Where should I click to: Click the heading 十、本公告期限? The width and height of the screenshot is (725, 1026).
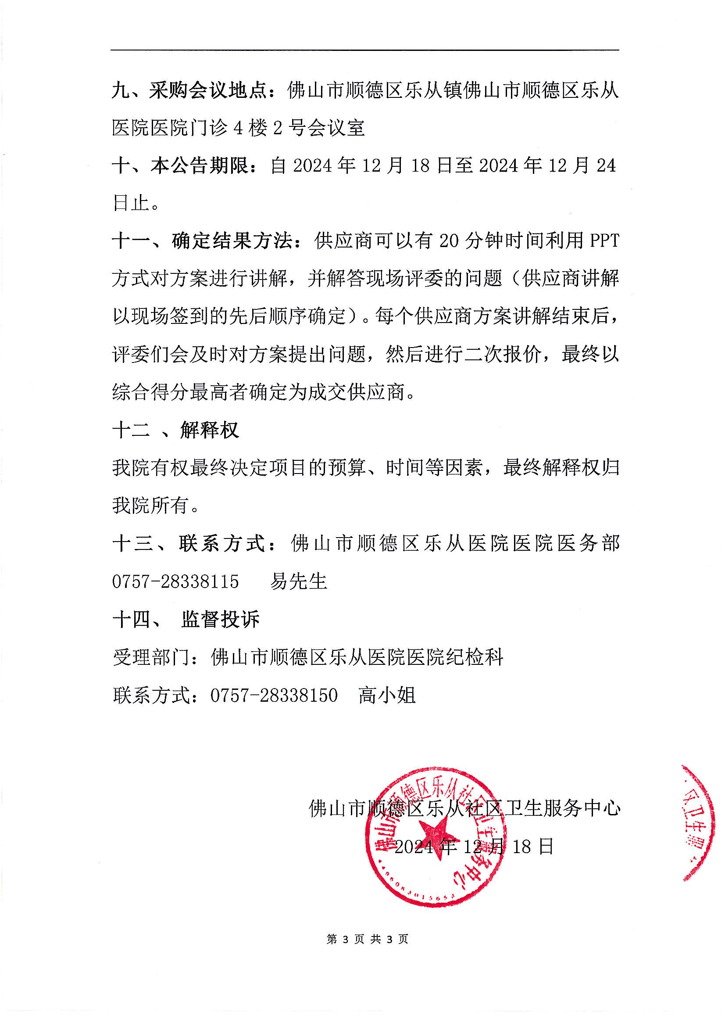coord(181,166)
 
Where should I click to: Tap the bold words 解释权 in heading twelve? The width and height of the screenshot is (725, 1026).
coord(210,430)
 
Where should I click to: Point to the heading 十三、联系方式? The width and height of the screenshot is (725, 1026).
coord(189,544)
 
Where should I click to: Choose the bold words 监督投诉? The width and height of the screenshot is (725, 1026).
coord(220,620)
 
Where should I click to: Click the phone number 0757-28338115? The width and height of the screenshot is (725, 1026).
coord(175,582)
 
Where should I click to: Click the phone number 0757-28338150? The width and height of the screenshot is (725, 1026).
coord(274,695)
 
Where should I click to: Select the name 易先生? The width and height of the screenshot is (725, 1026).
coord(298,582)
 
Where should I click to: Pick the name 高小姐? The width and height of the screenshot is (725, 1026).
coord(387,695)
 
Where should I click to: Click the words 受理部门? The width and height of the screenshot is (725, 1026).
coord(151,657)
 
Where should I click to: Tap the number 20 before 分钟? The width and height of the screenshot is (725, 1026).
coord(449,241)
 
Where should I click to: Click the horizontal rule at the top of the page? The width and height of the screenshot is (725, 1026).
coord(364,50)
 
